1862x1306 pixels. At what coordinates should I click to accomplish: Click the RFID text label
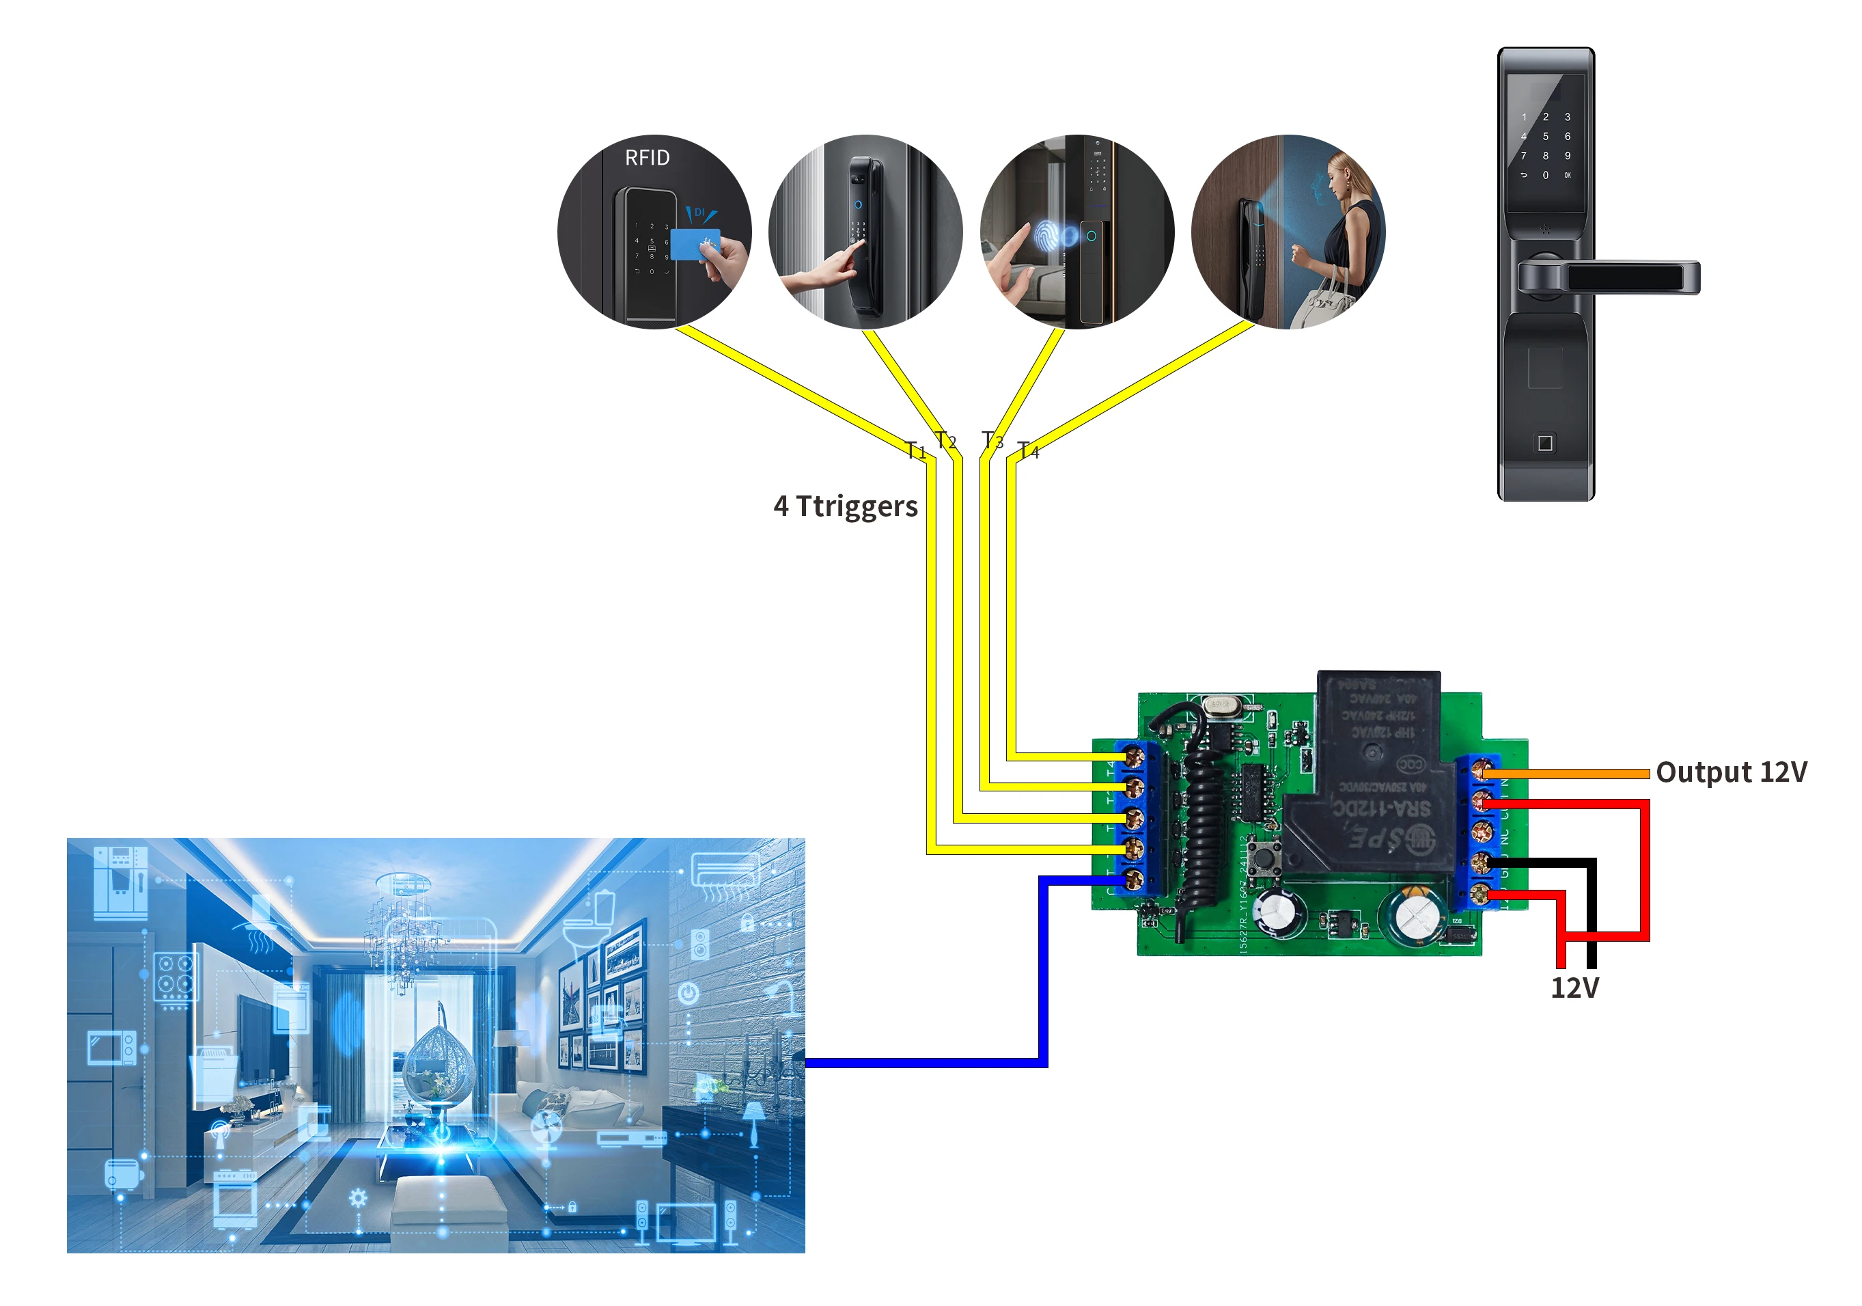[x=647, y=157]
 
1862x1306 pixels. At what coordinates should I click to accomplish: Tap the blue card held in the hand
[x=694, y=243]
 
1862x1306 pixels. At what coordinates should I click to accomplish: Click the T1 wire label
[x=915, y=450]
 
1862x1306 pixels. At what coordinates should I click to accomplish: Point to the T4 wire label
[x=1028, y=450]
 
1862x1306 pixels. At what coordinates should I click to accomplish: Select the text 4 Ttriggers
[x=845, y=506]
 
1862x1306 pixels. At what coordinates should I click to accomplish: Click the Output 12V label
[x=1731, y=772]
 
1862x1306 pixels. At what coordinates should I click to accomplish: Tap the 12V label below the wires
[x=1574, y=989]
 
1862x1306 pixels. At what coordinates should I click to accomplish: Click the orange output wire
[x=1573, y=774]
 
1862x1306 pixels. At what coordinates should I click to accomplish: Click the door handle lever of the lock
[x=1630, y=277]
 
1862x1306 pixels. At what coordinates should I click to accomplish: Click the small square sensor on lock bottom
[x=1545, y=443]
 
